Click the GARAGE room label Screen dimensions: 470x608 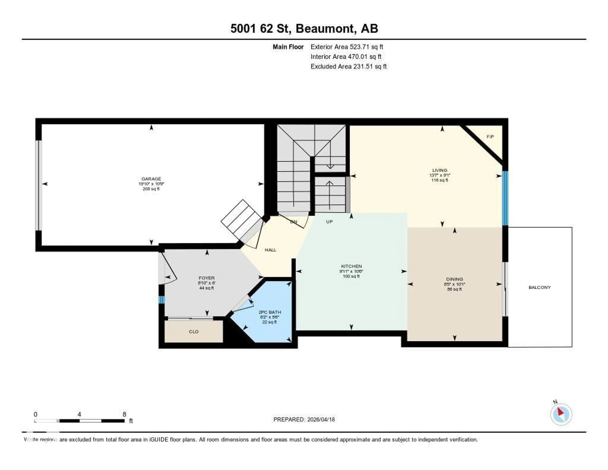point(151,179)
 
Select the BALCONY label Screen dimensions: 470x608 point(539,287)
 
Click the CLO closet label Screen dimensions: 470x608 point(194,332)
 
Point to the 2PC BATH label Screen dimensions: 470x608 point(270,312)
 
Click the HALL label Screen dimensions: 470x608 point(270,250)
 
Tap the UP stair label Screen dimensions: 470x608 point(329,222)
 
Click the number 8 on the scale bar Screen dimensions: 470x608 point(124,414)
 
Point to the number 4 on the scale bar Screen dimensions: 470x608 point(79,414)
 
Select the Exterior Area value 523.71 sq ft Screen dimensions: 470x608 point(366,47)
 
